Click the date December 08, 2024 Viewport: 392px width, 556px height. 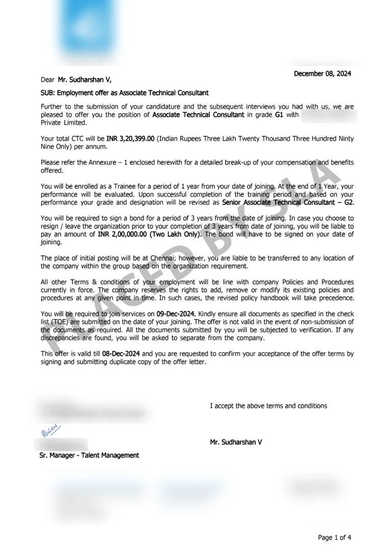point(323,74)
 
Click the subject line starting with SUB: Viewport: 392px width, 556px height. point(125,93)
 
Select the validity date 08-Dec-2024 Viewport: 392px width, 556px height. point(121,353)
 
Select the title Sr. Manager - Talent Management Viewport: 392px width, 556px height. point(89,455)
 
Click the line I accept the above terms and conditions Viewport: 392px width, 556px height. point(268,406)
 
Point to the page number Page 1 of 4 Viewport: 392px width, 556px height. point(334,537)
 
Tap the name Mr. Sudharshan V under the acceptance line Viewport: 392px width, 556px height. point(236,442)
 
